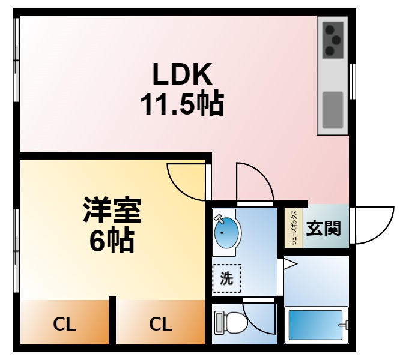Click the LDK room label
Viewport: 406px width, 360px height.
point(182,75)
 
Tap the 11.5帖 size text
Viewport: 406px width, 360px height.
point(182,104)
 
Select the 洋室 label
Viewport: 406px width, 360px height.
point(112,211)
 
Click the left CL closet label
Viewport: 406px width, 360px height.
point(64,325)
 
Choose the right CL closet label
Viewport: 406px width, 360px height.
point(160,325)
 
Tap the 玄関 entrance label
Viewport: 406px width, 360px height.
point(324,229)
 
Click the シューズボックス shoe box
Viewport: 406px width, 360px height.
point(293,228)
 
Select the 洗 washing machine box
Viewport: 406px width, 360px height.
point(226,278)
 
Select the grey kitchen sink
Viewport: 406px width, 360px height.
point(333,110)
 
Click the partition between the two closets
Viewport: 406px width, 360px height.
point(112,321)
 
